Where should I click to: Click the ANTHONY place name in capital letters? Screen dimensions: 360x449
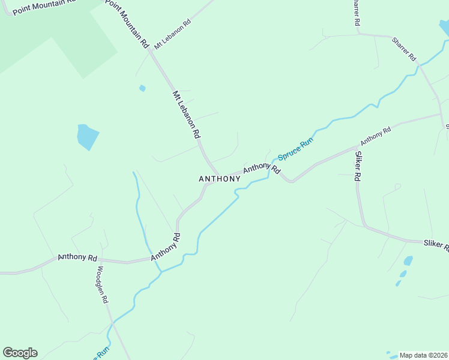(x=220, y=179)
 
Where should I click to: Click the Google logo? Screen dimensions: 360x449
(x=20, y=353)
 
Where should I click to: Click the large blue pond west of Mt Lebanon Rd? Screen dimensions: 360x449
(x=87, y=137)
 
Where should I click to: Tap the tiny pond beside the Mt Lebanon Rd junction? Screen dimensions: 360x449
(x=142, y=88)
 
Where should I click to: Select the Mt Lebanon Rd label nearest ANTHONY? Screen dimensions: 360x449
(x=185, y=115)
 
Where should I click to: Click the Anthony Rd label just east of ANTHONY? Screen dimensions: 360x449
(x=262, y=168)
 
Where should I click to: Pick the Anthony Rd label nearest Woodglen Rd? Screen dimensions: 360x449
(x=77, y=257)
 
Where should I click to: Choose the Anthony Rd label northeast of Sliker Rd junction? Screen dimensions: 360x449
(x=376, y=136)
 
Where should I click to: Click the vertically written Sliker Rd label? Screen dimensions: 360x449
(x=358, y=166)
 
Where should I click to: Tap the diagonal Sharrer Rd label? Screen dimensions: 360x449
(x=404, y=49)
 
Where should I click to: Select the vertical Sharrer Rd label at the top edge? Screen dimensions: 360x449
(x=356, y=12)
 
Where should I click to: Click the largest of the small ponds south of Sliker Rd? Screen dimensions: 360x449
(x=408, y=261)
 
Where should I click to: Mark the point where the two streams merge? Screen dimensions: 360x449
(x=160, y=271)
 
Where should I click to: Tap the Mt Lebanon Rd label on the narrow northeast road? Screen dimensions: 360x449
(x=172, y=34)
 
